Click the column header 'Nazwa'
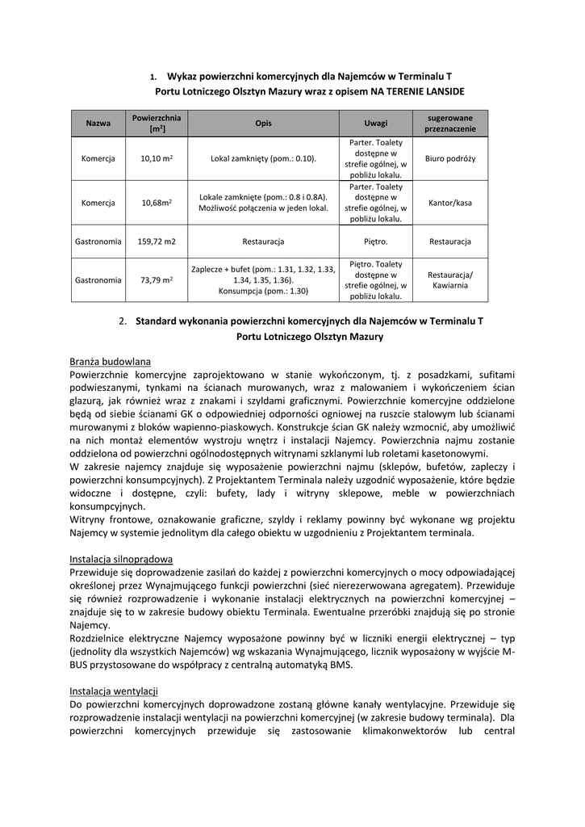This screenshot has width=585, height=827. tap(98, 124)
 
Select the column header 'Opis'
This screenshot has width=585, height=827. tap(263, 124)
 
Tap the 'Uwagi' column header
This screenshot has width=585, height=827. tap(375, 124)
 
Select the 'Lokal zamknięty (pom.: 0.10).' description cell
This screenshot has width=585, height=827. tap(263, 159)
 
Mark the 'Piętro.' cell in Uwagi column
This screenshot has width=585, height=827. tap(375, 241)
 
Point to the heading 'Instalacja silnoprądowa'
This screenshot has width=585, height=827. tap(121, 559)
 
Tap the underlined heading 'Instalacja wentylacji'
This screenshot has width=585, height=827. tap(114, 691)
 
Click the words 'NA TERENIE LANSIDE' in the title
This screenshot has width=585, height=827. tap(417, 92)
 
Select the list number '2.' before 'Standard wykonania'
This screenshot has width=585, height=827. tap(123, 321)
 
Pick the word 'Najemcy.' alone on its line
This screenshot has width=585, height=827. tap(90, 625)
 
